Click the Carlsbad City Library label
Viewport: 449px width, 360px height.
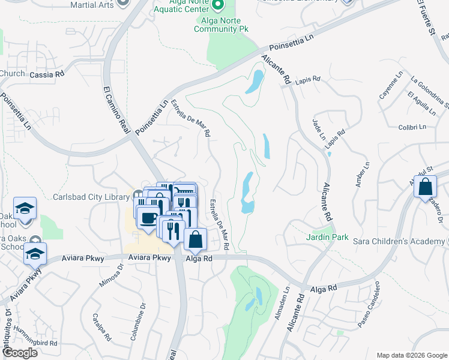point(87,197)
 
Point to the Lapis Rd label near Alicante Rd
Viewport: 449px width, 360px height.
point(308,79)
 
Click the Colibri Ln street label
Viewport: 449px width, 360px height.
point(412,127)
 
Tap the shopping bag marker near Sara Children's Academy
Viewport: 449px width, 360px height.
point(425,187)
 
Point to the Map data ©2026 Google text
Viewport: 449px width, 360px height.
point(411,355)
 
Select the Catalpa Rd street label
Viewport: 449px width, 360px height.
point(101,327)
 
